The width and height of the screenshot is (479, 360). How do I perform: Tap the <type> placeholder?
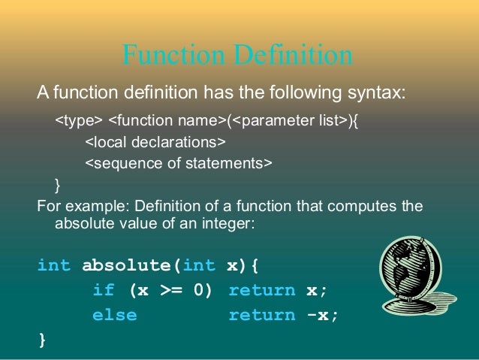[78, 119]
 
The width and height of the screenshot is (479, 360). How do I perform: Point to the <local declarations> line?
[155, 141]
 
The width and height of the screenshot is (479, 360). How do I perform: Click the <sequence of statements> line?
[178, 162]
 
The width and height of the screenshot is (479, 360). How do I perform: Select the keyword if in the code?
[104, 290]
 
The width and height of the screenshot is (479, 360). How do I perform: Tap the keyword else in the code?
[114, 315]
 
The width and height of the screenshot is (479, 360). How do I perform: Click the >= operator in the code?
[171, 290]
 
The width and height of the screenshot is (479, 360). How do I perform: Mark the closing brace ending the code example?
[41, 340]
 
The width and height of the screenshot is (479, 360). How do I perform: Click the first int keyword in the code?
[54, 265]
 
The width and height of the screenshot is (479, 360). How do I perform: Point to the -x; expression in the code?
[323, 315]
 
